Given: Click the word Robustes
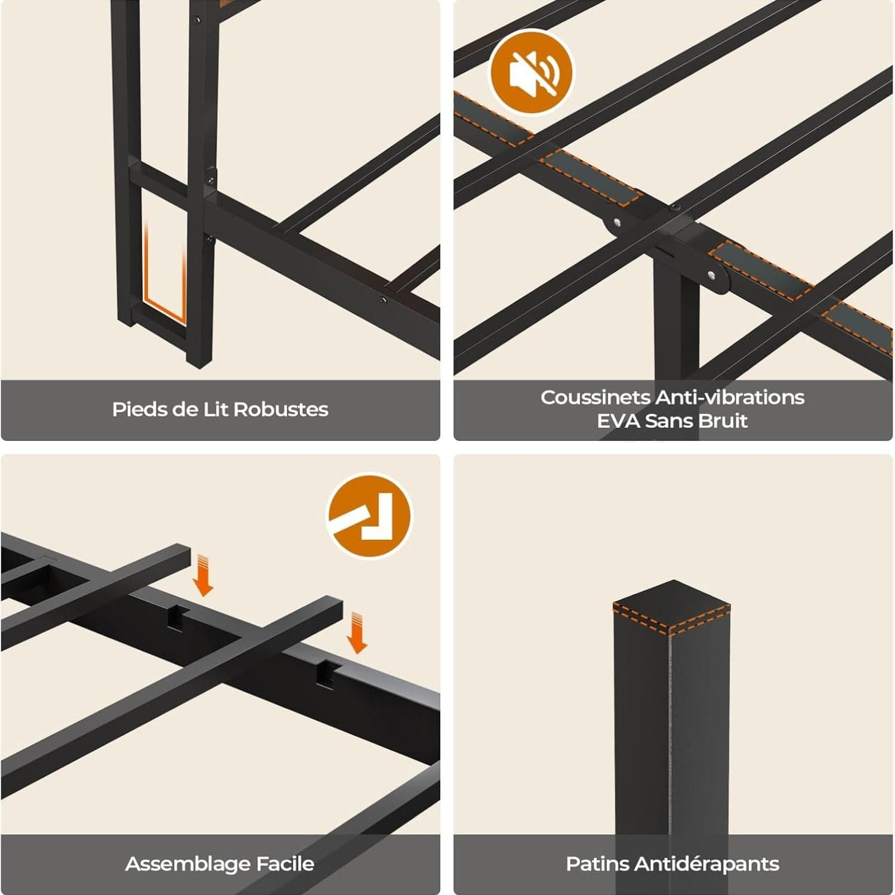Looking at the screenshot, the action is tap(280, 409).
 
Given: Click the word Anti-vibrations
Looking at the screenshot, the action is tap(730, 397).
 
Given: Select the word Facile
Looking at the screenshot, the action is tap(285, 864).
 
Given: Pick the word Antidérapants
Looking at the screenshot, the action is tap(707, 864).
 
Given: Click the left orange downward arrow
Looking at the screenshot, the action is tap(204, 575).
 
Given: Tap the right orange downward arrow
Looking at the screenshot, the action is tap(357, 632).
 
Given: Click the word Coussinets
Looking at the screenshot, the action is tap(595, 397).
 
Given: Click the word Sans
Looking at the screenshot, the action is tap(668, 421).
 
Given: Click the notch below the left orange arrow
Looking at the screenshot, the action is tap(177, 618).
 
